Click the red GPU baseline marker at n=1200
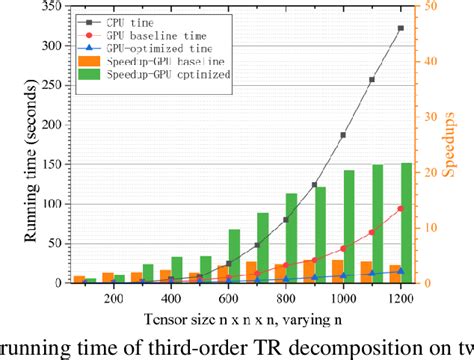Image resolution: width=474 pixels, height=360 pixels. (401, 209)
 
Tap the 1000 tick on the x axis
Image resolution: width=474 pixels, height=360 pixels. (343, 298)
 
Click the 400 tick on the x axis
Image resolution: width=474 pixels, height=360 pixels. (170, 298)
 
